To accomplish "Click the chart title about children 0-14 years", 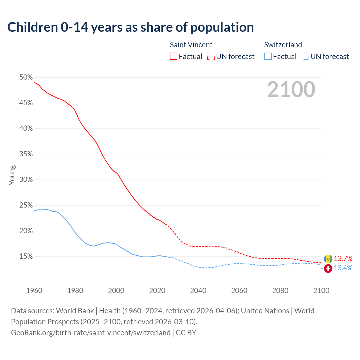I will coord(130,27).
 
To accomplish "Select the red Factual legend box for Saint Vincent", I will coord(174,57).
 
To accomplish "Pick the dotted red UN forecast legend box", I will coord(211,57).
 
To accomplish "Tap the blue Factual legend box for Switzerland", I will coord(268,57).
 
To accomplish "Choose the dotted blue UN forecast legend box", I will coord(305,57).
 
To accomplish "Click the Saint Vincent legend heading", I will coord(191,45).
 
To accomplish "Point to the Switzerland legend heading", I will coord(283,45).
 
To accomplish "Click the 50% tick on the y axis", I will coord(26,77).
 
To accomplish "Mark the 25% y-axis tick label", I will coord(26,205).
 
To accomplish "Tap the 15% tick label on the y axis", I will coord(26,256).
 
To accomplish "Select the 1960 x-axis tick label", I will coord(34,291).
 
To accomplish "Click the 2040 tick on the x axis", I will coord(198,291).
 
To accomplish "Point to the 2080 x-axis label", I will coord(280,291).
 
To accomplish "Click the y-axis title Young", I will coord(12,175).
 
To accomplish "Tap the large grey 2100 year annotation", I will coord(291,89).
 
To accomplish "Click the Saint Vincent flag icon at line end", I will coord(328,259).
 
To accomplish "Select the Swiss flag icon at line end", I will coord(328,269).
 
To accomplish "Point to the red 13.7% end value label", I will coord(343,258).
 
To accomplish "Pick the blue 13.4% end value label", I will coord(343,268).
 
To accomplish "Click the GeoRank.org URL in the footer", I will coord(91,333).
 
